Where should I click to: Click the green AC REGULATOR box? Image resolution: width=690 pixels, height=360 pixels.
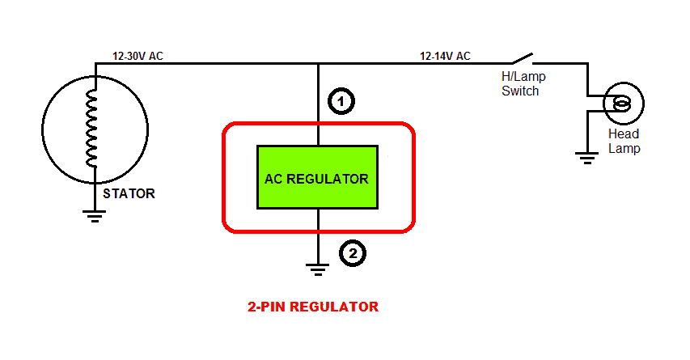(317, 177)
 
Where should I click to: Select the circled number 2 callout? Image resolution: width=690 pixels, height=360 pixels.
(352, 253)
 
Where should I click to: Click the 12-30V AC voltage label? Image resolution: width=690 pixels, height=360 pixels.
(138, 56)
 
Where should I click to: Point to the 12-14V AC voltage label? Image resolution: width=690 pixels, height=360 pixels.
(445, 56)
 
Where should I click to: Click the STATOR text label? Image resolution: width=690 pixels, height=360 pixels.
(129, 194)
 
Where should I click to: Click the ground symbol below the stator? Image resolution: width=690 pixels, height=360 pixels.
(95, 215)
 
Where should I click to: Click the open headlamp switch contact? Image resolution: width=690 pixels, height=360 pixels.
(522, 58)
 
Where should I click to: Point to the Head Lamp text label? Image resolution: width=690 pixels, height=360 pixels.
(624, 141)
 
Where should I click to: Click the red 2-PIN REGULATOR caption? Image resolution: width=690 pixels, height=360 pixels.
(312, 307)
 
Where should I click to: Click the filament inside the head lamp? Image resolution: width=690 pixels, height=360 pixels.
(622, 103)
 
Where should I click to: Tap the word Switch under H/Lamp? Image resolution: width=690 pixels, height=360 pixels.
(520, 91)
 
